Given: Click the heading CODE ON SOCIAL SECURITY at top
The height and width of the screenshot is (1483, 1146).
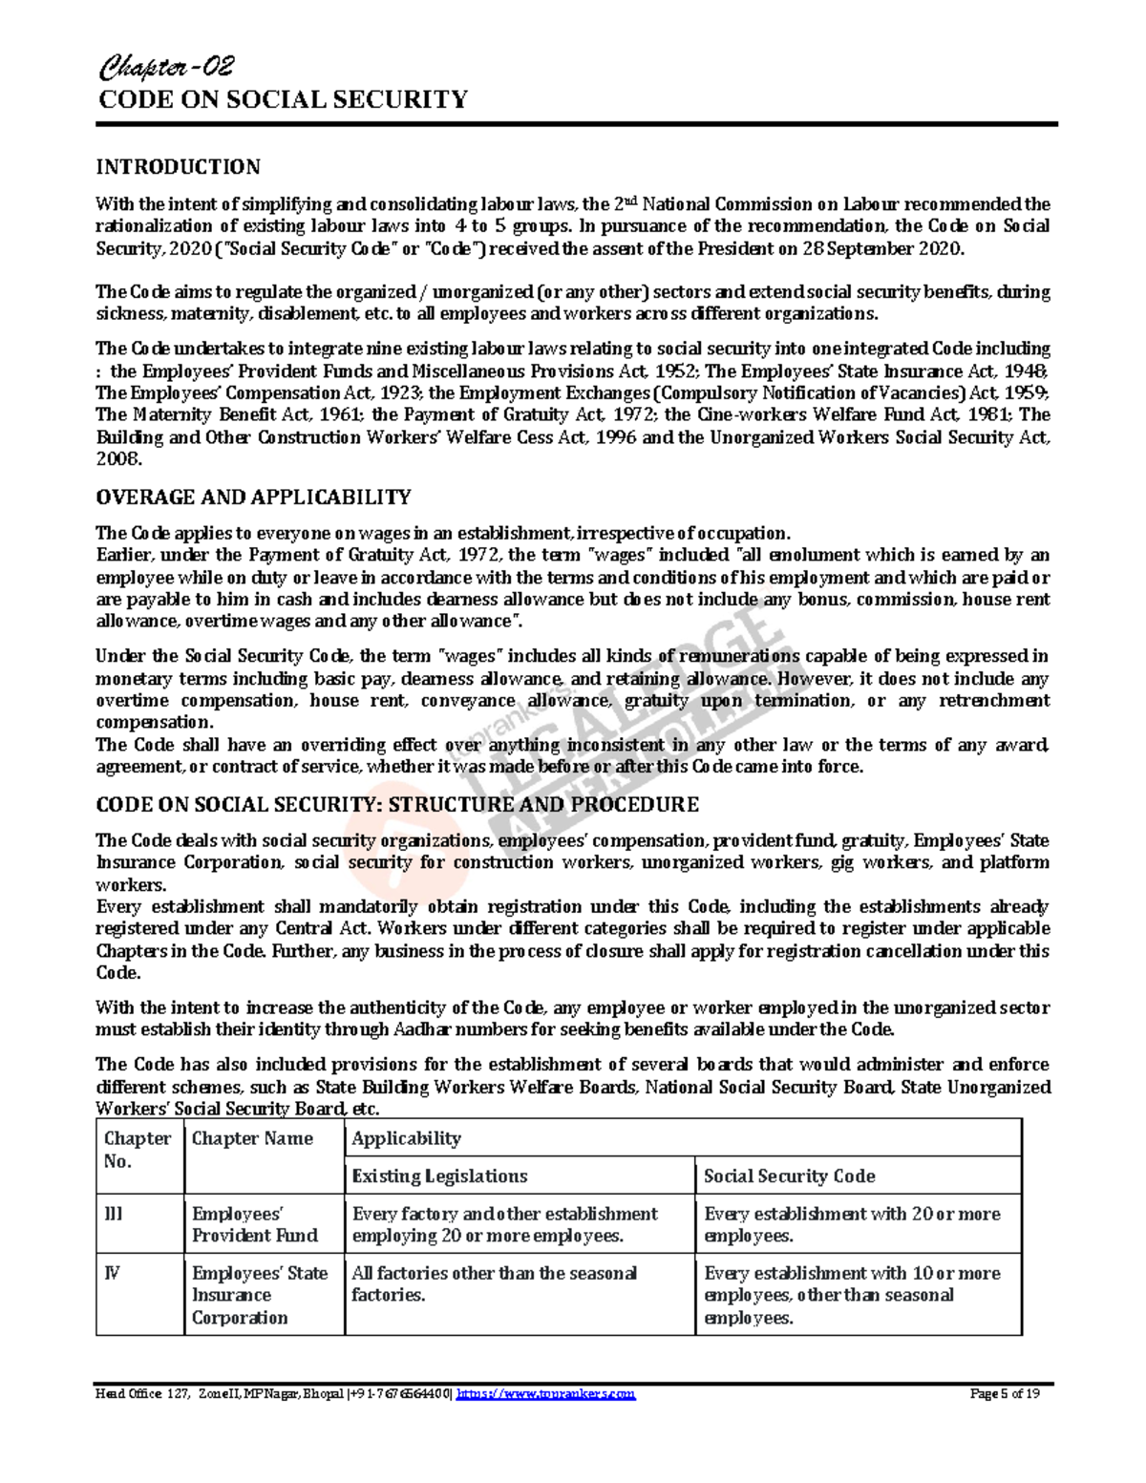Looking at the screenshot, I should click(x=283, y=100).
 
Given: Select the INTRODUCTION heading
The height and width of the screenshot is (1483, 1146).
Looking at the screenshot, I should click(x=178, y=167).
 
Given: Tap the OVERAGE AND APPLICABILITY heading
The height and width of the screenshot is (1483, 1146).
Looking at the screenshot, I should click(x=253, y=498).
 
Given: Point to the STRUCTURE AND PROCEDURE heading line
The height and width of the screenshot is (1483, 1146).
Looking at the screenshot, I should click(x=397, y=805).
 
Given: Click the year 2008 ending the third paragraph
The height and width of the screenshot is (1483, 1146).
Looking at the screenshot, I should click(x=118, y=459).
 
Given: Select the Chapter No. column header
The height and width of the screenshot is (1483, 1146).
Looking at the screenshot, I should click(x=138, y=1150).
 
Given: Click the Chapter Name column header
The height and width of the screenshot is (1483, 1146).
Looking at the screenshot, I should click(x=252, y=1138).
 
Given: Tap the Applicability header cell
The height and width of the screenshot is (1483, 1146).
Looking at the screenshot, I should click(x=406, y=1138).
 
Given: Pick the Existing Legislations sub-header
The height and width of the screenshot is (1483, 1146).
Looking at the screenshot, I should click(x=439, y=1176).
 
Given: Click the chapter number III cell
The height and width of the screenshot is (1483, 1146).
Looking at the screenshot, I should click(x=114, y=1214).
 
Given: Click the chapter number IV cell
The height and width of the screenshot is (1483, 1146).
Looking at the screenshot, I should click(x=112, y=1273).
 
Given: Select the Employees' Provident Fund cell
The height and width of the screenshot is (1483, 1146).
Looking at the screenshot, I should click(x=254, y=1224).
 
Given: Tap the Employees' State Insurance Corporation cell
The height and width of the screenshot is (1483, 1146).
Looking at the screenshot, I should click(x=259, y=1295).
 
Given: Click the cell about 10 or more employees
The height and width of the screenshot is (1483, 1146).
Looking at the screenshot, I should click(x=852, y=1295).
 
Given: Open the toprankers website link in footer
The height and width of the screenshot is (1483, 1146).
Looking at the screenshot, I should click(x=545, y=1394).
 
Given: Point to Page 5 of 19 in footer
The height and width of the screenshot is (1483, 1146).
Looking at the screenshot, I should click(x=1005, y=1394).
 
